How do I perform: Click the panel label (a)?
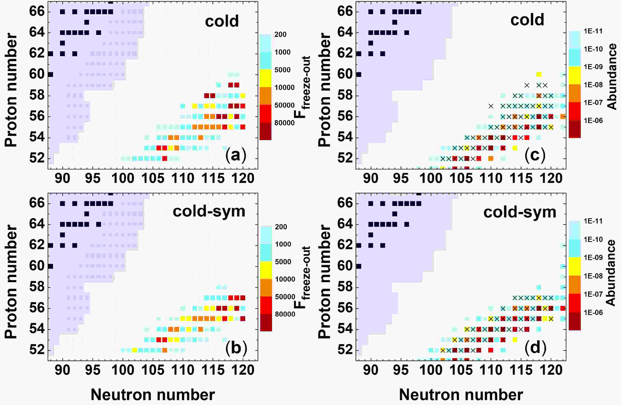[x=236, y=155]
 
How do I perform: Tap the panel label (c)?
[x=535, y=155]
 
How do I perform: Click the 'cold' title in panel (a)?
[x=222, y=21]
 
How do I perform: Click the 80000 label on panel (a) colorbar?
[x=284, y=123]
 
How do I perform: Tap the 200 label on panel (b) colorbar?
[x=281, y=227]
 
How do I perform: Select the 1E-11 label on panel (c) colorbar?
[x=593, y=31]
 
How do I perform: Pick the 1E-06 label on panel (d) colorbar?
[x=593, y=312]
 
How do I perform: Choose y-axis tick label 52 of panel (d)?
[x=345, y=350]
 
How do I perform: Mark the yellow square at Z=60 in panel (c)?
[x=539, y=75]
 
